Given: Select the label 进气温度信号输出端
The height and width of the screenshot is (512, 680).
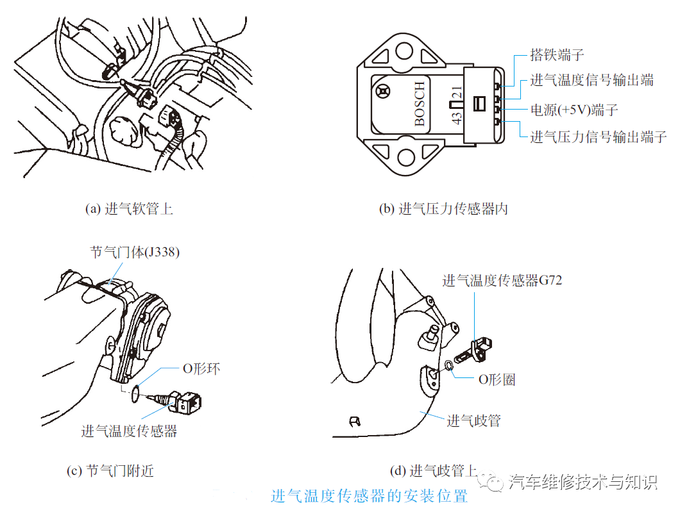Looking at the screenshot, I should point(591,81).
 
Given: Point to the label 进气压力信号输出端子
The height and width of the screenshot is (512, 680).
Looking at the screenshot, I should point(598,136).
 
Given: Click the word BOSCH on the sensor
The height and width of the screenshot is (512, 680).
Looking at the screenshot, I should point(420,104).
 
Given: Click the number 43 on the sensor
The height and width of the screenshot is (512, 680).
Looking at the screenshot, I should point(457,117).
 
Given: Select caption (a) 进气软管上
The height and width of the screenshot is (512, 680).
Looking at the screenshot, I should point(128,209).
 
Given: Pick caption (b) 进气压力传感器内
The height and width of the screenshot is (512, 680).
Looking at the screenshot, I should point(443,209).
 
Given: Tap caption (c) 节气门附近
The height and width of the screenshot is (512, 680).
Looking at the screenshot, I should point(110,471).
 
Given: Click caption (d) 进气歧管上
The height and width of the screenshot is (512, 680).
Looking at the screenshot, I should point(434,471).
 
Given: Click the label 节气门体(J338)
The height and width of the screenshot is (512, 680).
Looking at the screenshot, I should point(135,252).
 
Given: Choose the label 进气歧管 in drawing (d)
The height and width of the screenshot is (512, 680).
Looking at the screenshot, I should point(473,420).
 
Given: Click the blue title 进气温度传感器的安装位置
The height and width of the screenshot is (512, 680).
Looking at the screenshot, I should point(369,496).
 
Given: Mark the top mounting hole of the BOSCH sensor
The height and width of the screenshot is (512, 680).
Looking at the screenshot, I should point(404,51).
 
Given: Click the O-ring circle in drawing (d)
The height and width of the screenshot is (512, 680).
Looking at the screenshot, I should point(448,366).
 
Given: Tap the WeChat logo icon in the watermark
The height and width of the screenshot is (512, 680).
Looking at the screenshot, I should point(495,483).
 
